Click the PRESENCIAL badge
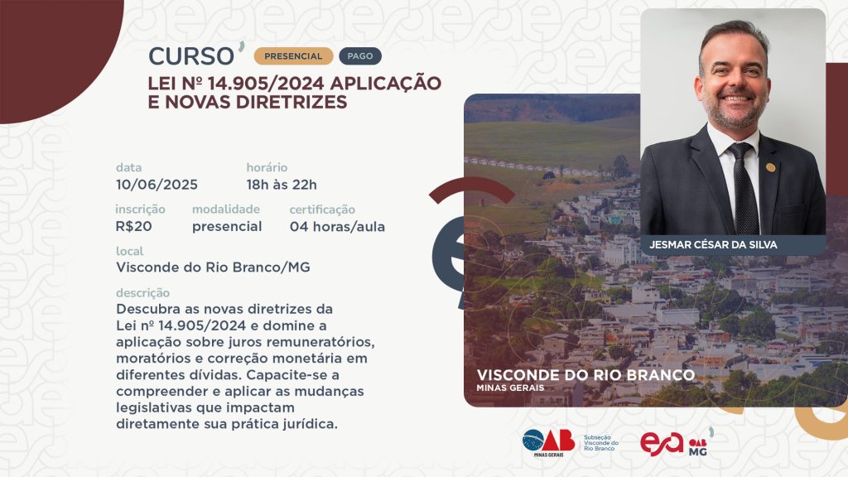click(293, 56)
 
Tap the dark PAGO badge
click(360, 56)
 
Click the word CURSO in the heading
click(191, 56)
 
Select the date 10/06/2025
click(157, 185)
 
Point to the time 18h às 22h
click(282, 185)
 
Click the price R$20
click(133, 227)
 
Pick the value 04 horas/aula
click(338, 227)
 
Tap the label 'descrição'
click(142, 293)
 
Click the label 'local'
click(130, 252)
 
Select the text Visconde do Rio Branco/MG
click(213, 267)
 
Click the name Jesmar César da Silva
click(713, 245)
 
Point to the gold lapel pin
click(771, 167)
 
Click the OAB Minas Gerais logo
click(548, 443)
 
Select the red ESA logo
click(662, 444)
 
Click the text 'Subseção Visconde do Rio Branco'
click(601, 443)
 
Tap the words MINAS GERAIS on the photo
click(510, 388)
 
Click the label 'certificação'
click(322, 210)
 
